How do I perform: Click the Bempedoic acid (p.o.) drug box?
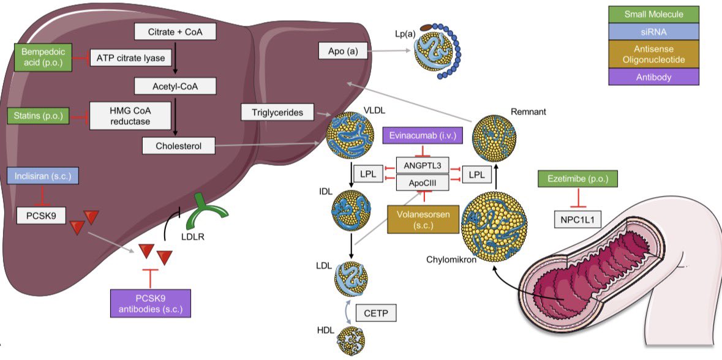tap(42, 58)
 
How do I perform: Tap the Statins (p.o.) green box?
tap(38, 114)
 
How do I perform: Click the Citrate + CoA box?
tap(174, 31)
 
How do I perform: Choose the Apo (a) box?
tap(343, 51)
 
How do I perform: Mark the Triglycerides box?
tap(277, 112)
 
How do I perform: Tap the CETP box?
tap(375, 313)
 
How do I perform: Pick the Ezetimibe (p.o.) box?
tap(577, 179)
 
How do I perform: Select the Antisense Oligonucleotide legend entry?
tap(653, 53)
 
